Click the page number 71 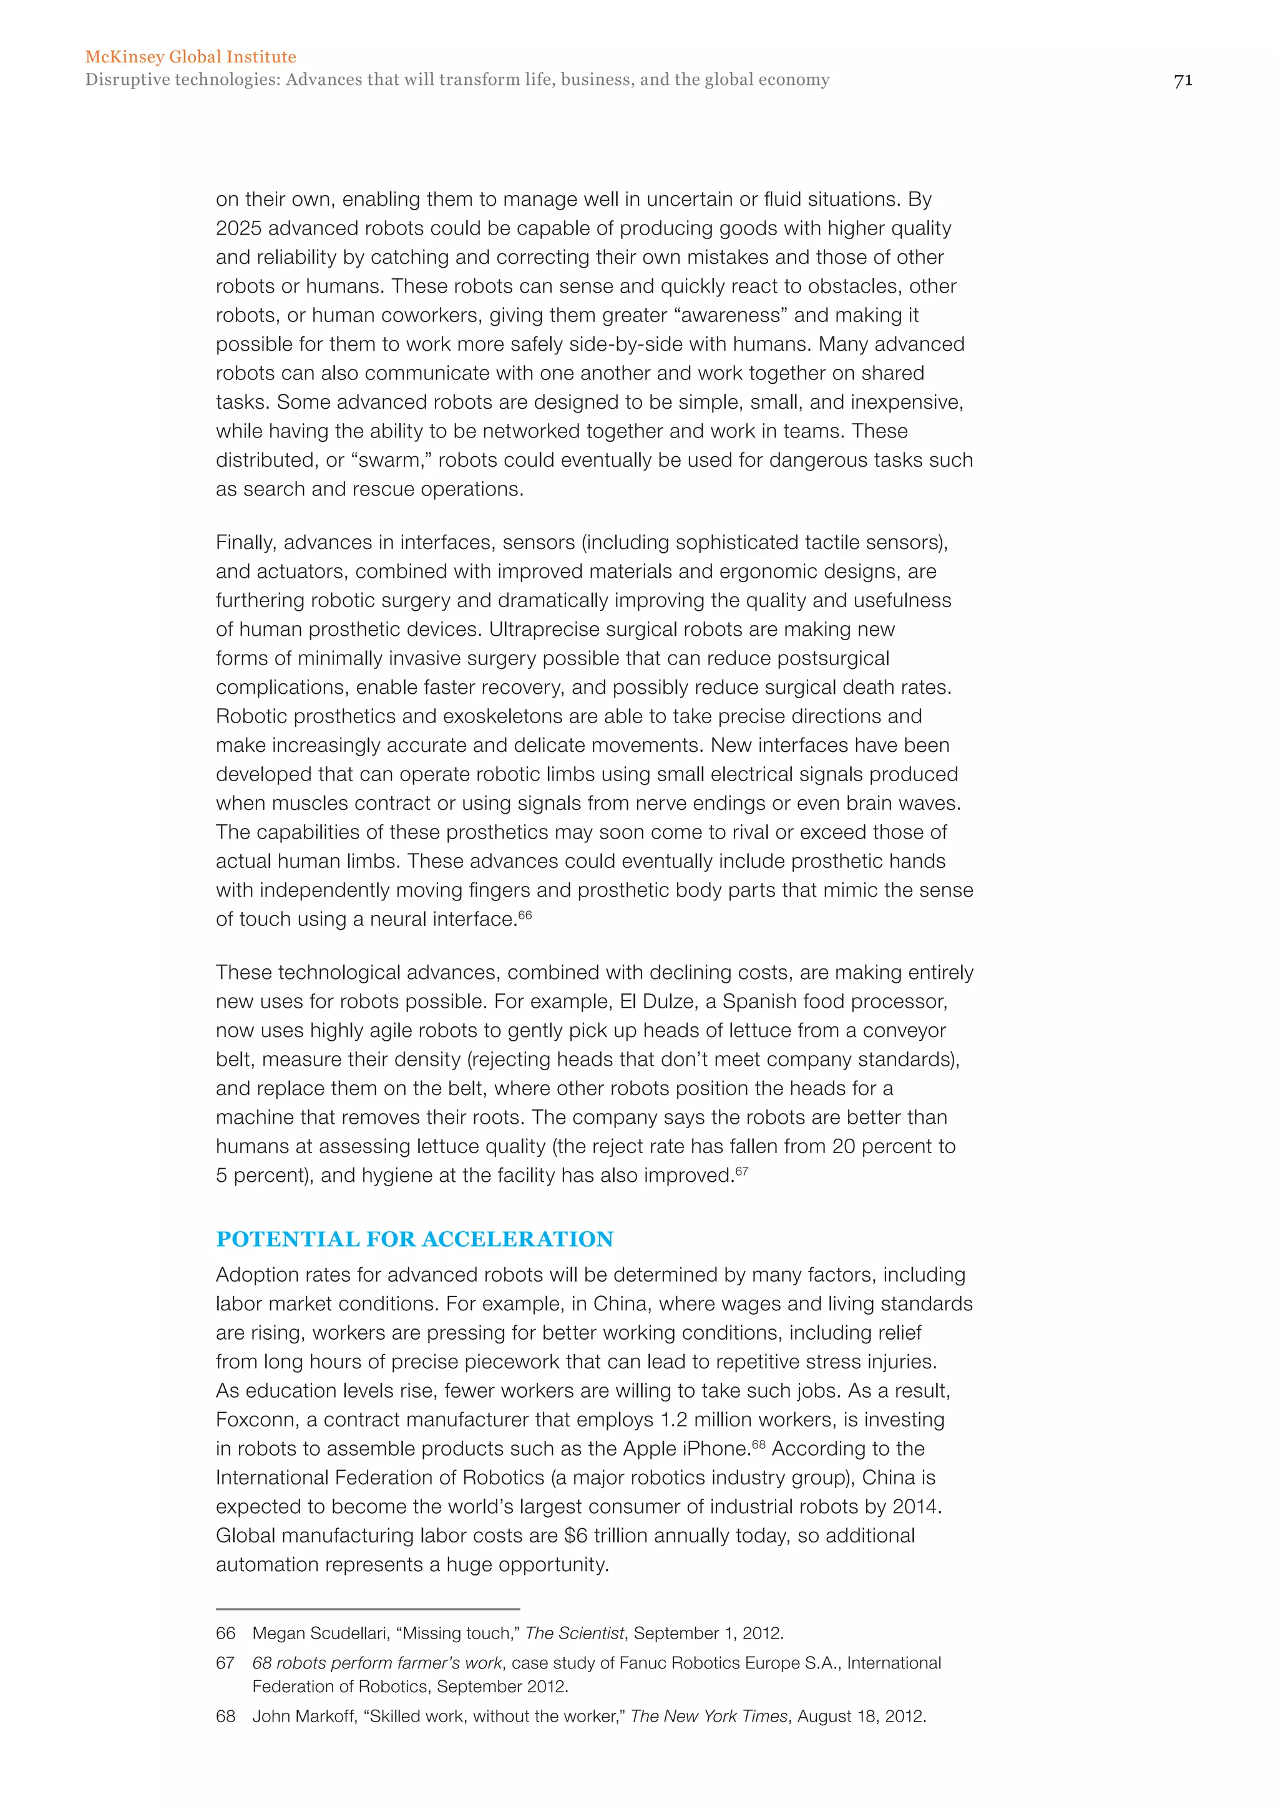1183,80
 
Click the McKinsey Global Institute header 190,57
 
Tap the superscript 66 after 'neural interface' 525,915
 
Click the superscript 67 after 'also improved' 742,1171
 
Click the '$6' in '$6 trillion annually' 576,1536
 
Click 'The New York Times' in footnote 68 709,1716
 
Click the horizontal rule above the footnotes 368,1609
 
